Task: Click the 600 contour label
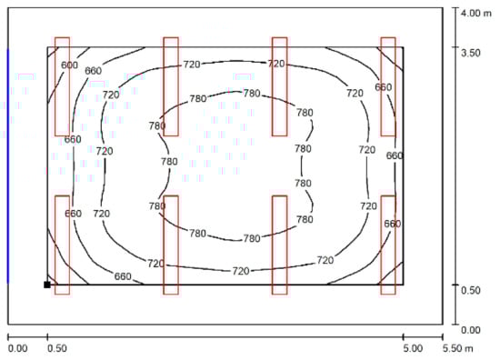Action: click(x=69, y=65)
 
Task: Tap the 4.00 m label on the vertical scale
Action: click(x=476, y=13)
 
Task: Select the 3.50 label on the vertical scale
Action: click(x=470, y=53)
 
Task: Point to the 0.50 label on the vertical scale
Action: click(x=470, y=290)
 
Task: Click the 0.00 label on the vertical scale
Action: click(x=470, y=330)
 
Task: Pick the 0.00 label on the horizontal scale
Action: click(x=17, y=348)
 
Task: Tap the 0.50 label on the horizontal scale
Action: click(x=57, y=348)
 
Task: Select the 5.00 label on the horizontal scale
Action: click(x=413, y=348)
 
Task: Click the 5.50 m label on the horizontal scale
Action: click(x=458, y=348)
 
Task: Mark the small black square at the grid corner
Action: click(x=47, y=285)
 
